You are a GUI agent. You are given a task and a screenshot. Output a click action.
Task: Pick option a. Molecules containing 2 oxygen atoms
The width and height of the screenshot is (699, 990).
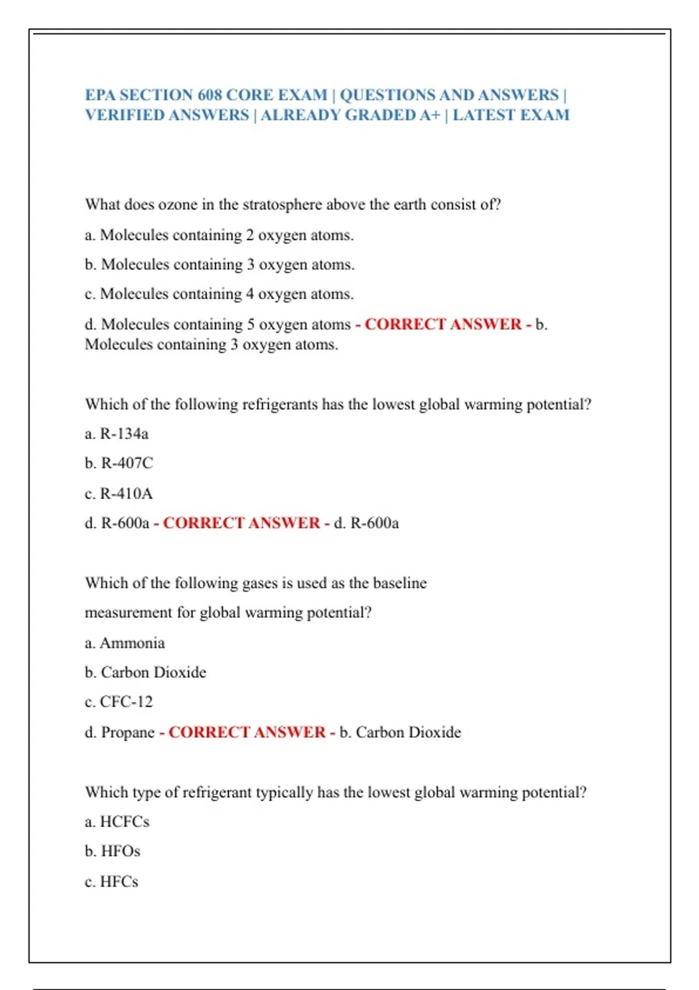point(219,235)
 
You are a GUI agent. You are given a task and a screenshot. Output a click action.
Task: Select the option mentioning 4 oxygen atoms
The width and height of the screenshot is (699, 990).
point(219,294)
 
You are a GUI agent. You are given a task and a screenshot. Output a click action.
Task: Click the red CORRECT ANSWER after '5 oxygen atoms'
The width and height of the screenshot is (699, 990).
point(443,324)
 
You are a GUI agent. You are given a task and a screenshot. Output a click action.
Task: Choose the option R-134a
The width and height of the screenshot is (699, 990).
point(116,434)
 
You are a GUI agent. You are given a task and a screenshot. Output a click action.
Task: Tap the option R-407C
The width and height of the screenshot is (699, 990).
point(119,464)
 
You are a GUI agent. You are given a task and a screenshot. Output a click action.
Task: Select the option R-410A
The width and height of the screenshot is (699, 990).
point(118,494)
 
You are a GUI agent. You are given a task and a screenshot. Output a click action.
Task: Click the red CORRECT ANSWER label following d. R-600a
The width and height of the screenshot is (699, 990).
point(242,523)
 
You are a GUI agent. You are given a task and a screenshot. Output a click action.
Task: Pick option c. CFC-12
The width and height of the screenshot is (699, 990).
point(119,702)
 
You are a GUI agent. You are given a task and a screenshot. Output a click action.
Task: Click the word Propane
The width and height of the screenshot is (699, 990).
point(128,733)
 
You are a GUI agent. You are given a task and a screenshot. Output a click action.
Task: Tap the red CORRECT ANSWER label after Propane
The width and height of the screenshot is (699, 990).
point(247,733)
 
